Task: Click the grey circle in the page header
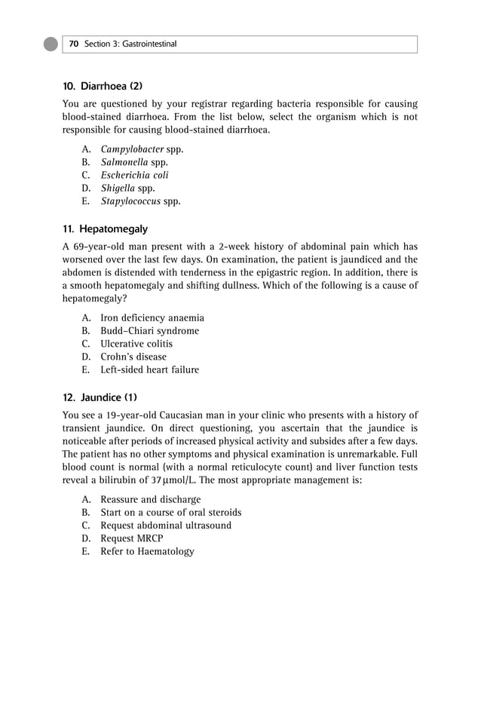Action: pos(51,44)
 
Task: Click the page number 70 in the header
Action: pos(74,44)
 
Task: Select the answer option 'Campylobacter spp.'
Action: pos(142,149)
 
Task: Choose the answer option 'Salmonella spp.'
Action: pos(134,162)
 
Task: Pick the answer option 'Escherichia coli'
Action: pos(134,175)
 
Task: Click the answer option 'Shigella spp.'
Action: pos(127,188)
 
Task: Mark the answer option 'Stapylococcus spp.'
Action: pos(140,201)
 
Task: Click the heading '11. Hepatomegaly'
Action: pos(105,228)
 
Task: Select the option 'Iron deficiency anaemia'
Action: pos(152,318)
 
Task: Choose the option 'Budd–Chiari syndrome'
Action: pos(150,331)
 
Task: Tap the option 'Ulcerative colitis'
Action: pos(136,344)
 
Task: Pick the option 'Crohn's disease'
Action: pos(133,357)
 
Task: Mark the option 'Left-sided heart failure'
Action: pos(150,369)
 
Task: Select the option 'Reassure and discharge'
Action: pos(151,499)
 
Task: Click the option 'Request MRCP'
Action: pos(131,538)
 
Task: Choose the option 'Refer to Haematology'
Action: pos(147,551)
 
